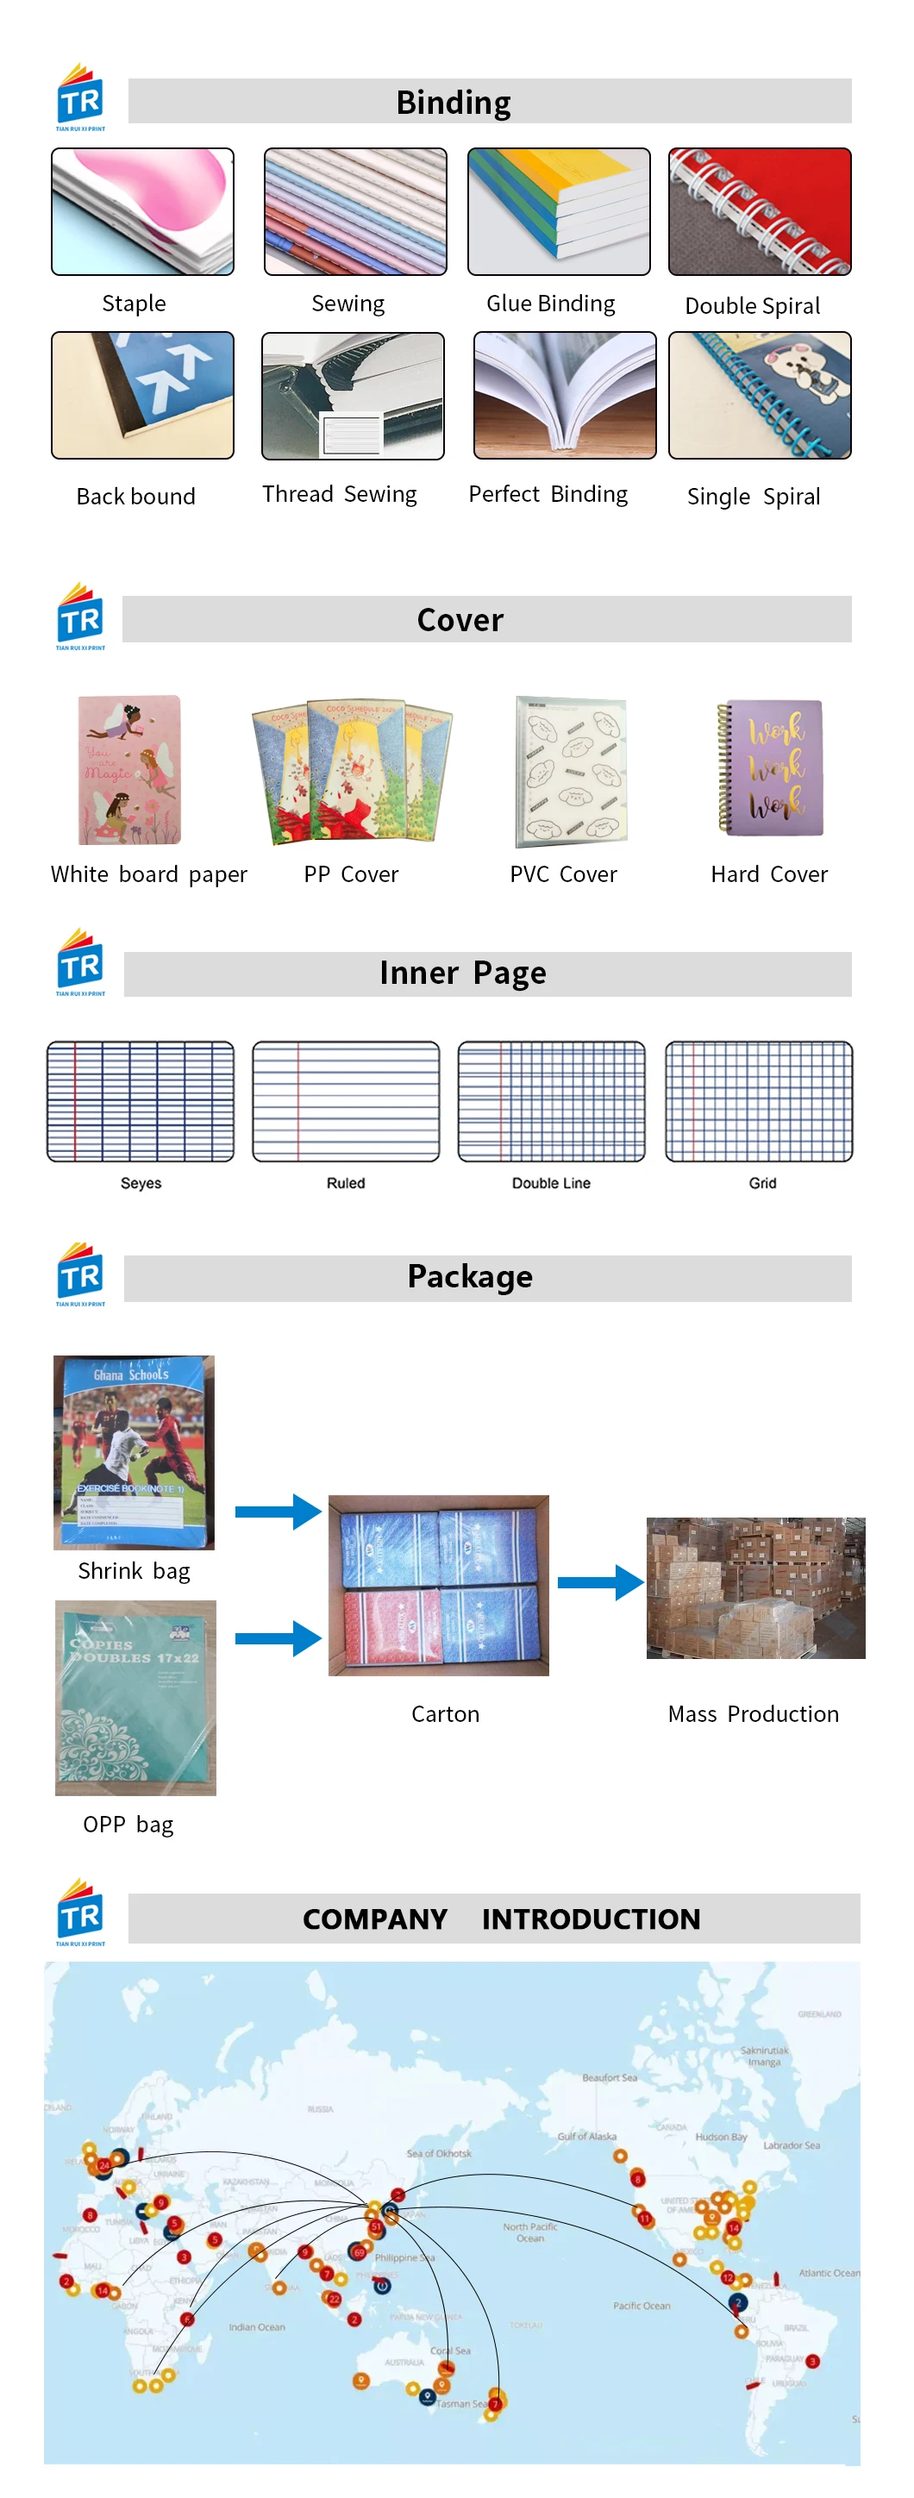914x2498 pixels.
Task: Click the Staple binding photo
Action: (x=142, y=211)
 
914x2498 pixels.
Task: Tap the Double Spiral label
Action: (x=752, y=306)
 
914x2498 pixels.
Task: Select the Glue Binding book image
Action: (x=558, y=211)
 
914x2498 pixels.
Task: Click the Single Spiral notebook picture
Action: (x=759, y=395)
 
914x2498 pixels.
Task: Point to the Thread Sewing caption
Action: (x=339, y=495)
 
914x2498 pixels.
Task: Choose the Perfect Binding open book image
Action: (x=564, y=395)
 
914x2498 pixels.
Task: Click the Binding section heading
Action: (x=454, y=103)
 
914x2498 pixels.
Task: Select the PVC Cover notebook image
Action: (x=571, y=771)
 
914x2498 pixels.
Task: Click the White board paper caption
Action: (x=149, y=874)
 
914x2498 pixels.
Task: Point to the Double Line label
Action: (x=550, y=1183)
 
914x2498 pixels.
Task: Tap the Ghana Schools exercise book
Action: (x=134, y=1452)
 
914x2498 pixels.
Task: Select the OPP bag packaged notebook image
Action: (x=135, y=1697)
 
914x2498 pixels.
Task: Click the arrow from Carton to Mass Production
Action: (x=600, y=1582)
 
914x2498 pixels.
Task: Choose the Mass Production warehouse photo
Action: (x=755, y=1587)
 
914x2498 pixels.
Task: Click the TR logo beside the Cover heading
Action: (x=80, y=617)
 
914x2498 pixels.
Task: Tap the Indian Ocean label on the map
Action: (x=257, y=2327)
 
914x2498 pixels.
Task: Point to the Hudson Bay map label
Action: (x=721, y=2137)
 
